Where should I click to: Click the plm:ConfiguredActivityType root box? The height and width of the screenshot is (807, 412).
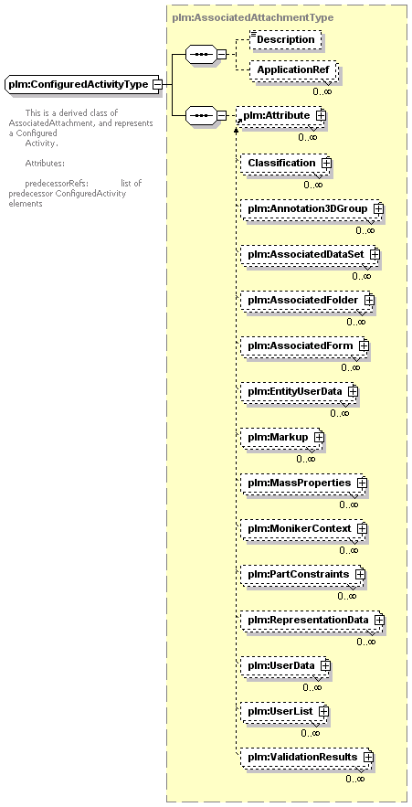tap(82, 84)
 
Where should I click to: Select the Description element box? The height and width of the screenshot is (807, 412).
tap(285, 39)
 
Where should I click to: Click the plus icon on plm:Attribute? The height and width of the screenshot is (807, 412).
tap(321, 116)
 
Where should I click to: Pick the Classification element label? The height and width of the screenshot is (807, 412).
tap(281, 163)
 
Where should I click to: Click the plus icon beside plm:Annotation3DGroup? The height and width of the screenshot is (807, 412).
tap(378, 209)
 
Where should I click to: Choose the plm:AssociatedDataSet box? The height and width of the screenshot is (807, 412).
tap(310, 255)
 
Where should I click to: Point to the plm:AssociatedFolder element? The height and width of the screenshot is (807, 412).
tap(307, 299)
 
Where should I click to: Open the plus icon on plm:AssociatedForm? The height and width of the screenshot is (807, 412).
tap(364, 345)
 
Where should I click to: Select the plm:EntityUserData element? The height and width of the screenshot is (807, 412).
tap(299, 392)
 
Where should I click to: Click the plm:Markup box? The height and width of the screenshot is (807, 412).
tap(282, 437)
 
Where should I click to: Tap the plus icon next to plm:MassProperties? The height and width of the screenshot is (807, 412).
tap(362, 483)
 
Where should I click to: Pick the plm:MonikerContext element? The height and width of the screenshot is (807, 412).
tap(303, 528)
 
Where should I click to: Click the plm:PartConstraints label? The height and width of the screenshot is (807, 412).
tap(299, 574)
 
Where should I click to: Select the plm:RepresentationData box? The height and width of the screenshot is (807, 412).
tap(312, 620)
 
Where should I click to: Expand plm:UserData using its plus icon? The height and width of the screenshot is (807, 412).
tap(324, 665)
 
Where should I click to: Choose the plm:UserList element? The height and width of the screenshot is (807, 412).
tap(284, 711)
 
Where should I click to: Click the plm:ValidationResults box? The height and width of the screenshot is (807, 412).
tap(307, 757)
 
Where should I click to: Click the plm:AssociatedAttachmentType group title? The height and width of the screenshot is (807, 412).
tap(253, 17)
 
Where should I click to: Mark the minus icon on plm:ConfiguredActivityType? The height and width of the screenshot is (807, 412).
tap(158, 84)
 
